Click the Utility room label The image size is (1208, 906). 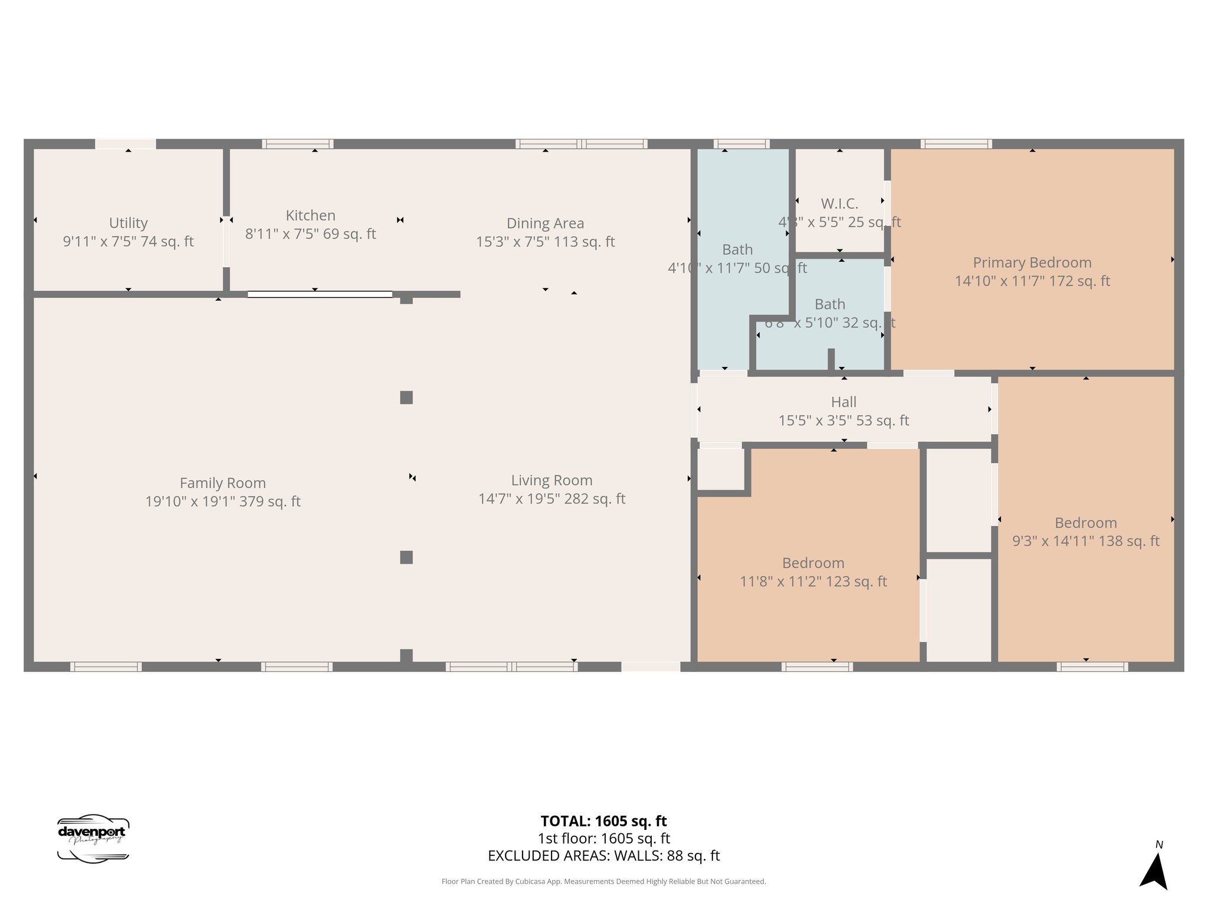(128, 223)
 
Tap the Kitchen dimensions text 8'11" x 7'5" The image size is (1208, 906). (310, 234)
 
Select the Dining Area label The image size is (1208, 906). (545, 224)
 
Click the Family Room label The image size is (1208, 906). (222, 483)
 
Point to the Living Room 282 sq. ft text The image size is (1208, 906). (552, 499)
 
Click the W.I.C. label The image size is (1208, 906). (839, 203)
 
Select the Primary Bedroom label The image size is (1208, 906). (1032, 262)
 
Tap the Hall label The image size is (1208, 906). (843, 402)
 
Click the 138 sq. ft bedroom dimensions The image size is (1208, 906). (1085, 541)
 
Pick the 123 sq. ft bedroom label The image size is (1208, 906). (813, 563)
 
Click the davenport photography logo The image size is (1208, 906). (93, 838)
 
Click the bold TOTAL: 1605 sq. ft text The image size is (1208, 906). (603, 821)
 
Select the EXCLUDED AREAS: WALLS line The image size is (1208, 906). (603, 856)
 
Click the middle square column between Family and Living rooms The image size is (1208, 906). (406, 398)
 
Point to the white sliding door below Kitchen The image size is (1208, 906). (320, 294)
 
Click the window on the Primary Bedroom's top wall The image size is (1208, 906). (956, 144)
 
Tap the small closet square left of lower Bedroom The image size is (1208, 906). (720, 469)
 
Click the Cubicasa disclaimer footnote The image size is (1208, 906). (603, 882)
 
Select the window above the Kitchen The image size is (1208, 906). (297, 144)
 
